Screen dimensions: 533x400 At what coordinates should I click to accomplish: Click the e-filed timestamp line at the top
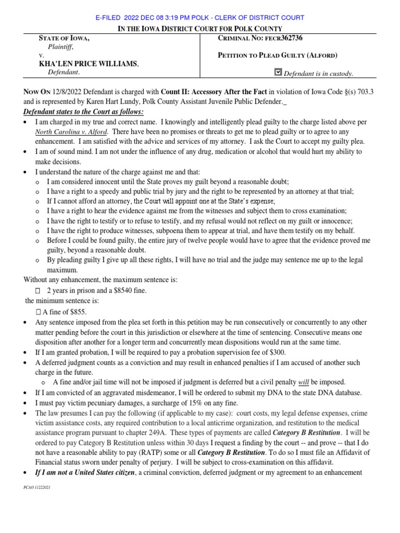tap(200, 18)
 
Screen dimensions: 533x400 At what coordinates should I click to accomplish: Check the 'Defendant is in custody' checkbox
tap(278, 73)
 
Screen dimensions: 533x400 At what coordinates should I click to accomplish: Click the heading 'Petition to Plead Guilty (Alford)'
tap(278, 55)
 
